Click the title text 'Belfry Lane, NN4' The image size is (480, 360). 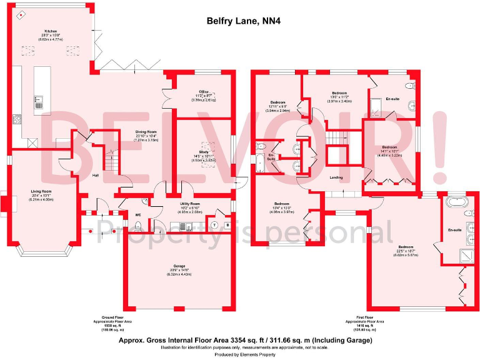[x=240, y=20]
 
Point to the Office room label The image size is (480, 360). [x=203, y=96]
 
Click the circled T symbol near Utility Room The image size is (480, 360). [x=214, y=224]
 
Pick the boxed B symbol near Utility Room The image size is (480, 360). [x=227, y=224]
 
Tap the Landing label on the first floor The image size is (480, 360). [x=336, y=177]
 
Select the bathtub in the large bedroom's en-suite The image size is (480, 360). [x=454, y=204]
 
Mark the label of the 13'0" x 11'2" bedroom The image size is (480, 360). [x=339, y=97]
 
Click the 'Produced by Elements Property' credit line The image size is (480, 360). [x=240, y=354]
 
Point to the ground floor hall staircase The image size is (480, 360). [x=110, y=162]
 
